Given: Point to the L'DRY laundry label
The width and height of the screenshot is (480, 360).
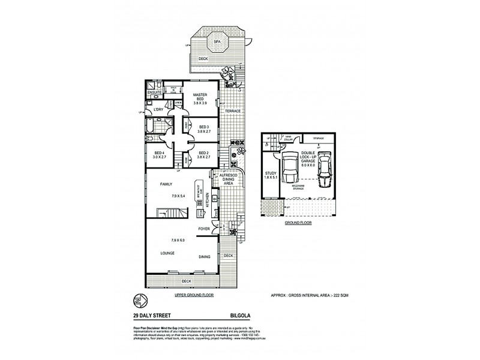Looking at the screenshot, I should [x=158, y=110].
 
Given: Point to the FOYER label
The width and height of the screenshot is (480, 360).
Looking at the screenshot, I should [x=204, y=229].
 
